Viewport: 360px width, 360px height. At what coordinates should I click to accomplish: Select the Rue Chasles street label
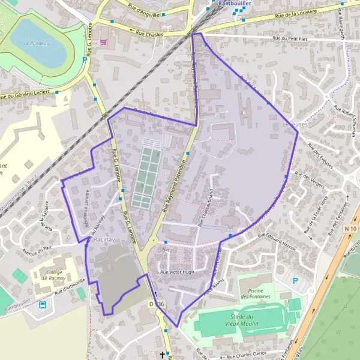pyautogui.click(x=148, y=34)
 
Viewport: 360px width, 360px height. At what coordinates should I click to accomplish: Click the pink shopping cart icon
pyautogui.click(x=104, y=42)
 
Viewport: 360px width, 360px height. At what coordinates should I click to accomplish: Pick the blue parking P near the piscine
pyautogui.click(x=294, y=280)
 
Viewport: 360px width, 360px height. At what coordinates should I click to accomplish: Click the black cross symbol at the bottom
pyautogui.click(x=162, y=355)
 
